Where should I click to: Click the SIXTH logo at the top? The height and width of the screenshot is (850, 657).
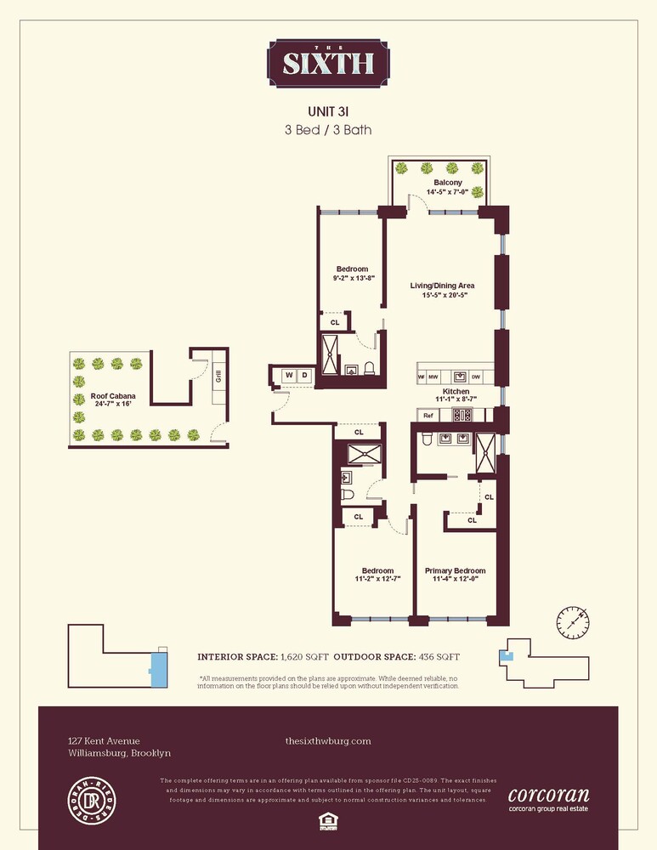click(328, 62)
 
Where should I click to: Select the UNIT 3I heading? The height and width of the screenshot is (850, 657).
click(328, 110)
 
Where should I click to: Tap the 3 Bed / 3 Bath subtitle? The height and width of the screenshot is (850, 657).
click(328, 130)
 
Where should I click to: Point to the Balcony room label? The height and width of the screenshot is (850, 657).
click(448, 183)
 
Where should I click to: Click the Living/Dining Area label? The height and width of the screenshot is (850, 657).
click(442, 285)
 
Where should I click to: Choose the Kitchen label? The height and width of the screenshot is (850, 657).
click(456, 392)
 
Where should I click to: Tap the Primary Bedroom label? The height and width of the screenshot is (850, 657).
click(455, 570)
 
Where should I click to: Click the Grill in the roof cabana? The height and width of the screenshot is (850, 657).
click(218, 376)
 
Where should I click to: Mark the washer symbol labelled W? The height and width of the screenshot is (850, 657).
click(288, 375)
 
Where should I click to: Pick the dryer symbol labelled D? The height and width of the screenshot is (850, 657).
click(304, 375)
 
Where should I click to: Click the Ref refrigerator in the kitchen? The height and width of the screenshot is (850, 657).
click(428, 416)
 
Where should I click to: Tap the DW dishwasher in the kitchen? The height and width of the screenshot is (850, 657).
click(476, 376)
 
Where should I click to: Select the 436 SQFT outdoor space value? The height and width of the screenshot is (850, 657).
click(439, 657)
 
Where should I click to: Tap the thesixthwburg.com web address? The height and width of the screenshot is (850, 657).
click(328, 741)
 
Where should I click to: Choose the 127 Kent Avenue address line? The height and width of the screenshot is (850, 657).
click(104, 741)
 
